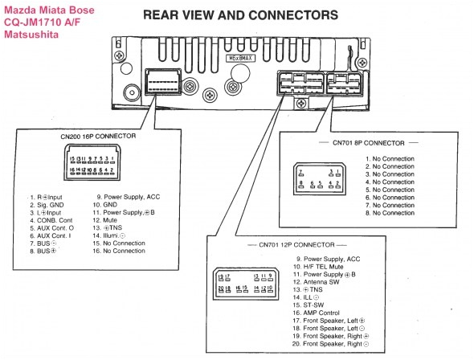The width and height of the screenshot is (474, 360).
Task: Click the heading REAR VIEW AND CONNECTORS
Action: coord(240,14)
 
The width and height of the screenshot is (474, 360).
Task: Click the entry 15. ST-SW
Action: coord(316,305)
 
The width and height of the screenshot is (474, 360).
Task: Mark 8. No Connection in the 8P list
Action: coord(390,212)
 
